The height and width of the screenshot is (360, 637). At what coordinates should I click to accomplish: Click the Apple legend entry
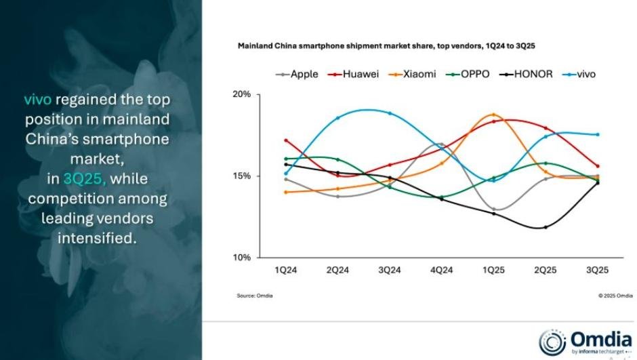(297, 74)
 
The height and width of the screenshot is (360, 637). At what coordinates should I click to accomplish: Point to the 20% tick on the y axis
(243, 94)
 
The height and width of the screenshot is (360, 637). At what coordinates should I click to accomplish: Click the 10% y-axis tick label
(243, 258)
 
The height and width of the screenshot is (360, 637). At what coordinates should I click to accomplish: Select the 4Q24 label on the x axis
(441, 271)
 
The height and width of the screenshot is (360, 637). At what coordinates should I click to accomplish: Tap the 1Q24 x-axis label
(285, 271)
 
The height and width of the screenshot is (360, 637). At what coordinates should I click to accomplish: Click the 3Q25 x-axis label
(597, 271)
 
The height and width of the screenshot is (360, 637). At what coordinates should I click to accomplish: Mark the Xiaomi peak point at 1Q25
(493, 115)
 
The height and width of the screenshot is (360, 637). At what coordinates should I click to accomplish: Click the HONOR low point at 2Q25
(545, 227)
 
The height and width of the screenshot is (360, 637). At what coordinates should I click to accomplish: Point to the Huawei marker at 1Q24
(286, 140)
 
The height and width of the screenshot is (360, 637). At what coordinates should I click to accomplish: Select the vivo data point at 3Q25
(597, 134)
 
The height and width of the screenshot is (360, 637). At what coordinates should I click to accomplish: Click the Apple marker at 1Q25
(493, 209)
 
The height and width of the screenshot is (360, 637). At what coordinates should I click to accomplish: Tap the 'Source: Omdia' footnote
(255, 296)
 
